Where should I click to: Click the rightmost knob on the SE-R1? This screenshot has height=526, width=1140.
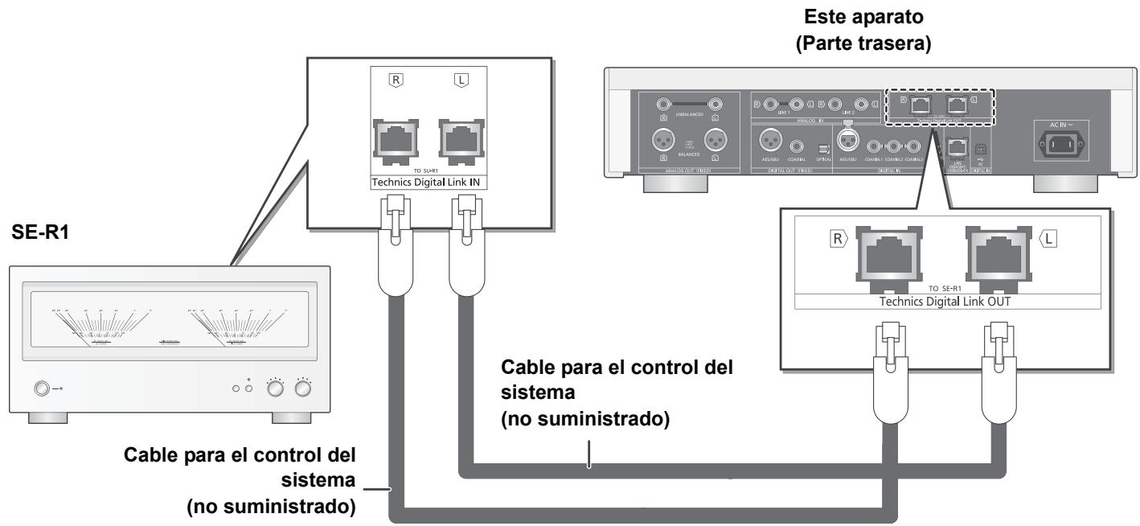point(302,389)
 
